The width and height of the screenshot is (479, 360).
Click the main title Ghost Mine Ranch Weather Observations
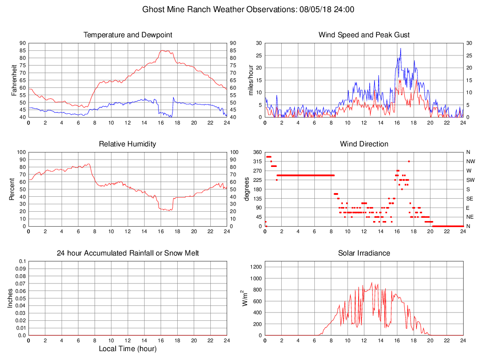coord(248,9)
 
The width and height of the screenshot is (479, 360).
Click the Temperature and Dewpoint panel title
coord(128,35)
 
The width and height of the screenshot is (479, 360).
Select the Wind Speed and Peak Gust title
coord(364,35)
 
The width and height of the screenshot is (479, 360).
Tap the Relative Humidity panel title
coord(128,144)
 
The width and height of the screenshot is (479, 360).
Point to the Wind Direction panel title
coord(364,144)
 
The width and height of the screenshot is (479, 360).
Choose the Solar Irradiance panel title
coord(364,253)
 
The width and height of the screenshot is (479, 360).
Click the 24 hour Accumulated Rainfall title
coord(128,253)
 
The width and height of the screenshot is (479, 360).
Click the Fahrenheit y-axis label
coord(14,80)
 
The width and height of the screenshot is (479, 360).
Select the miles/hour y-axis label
coord(251,80)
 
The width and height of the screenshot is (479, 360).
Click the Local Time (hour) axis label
coord(128,349)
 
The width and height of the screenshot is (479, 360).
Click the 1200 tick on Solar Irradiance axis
coord(257,267)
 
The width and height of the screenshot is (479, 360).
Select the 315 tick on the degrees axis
coord(257,161)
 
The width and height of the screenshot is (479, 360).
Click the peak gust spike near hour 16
coord(400,48)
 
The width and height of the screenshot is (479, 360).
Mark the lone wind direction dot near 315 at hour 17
coord(409,161)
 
